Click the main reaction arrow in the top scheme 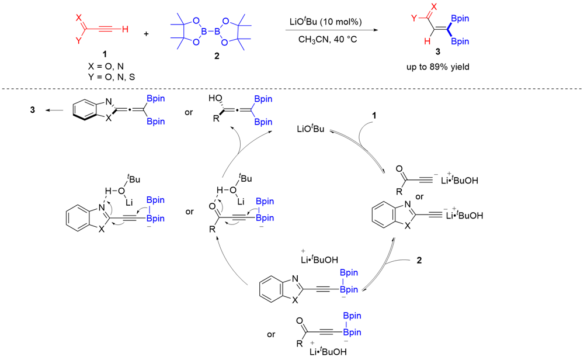click(x=326, y=31)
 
